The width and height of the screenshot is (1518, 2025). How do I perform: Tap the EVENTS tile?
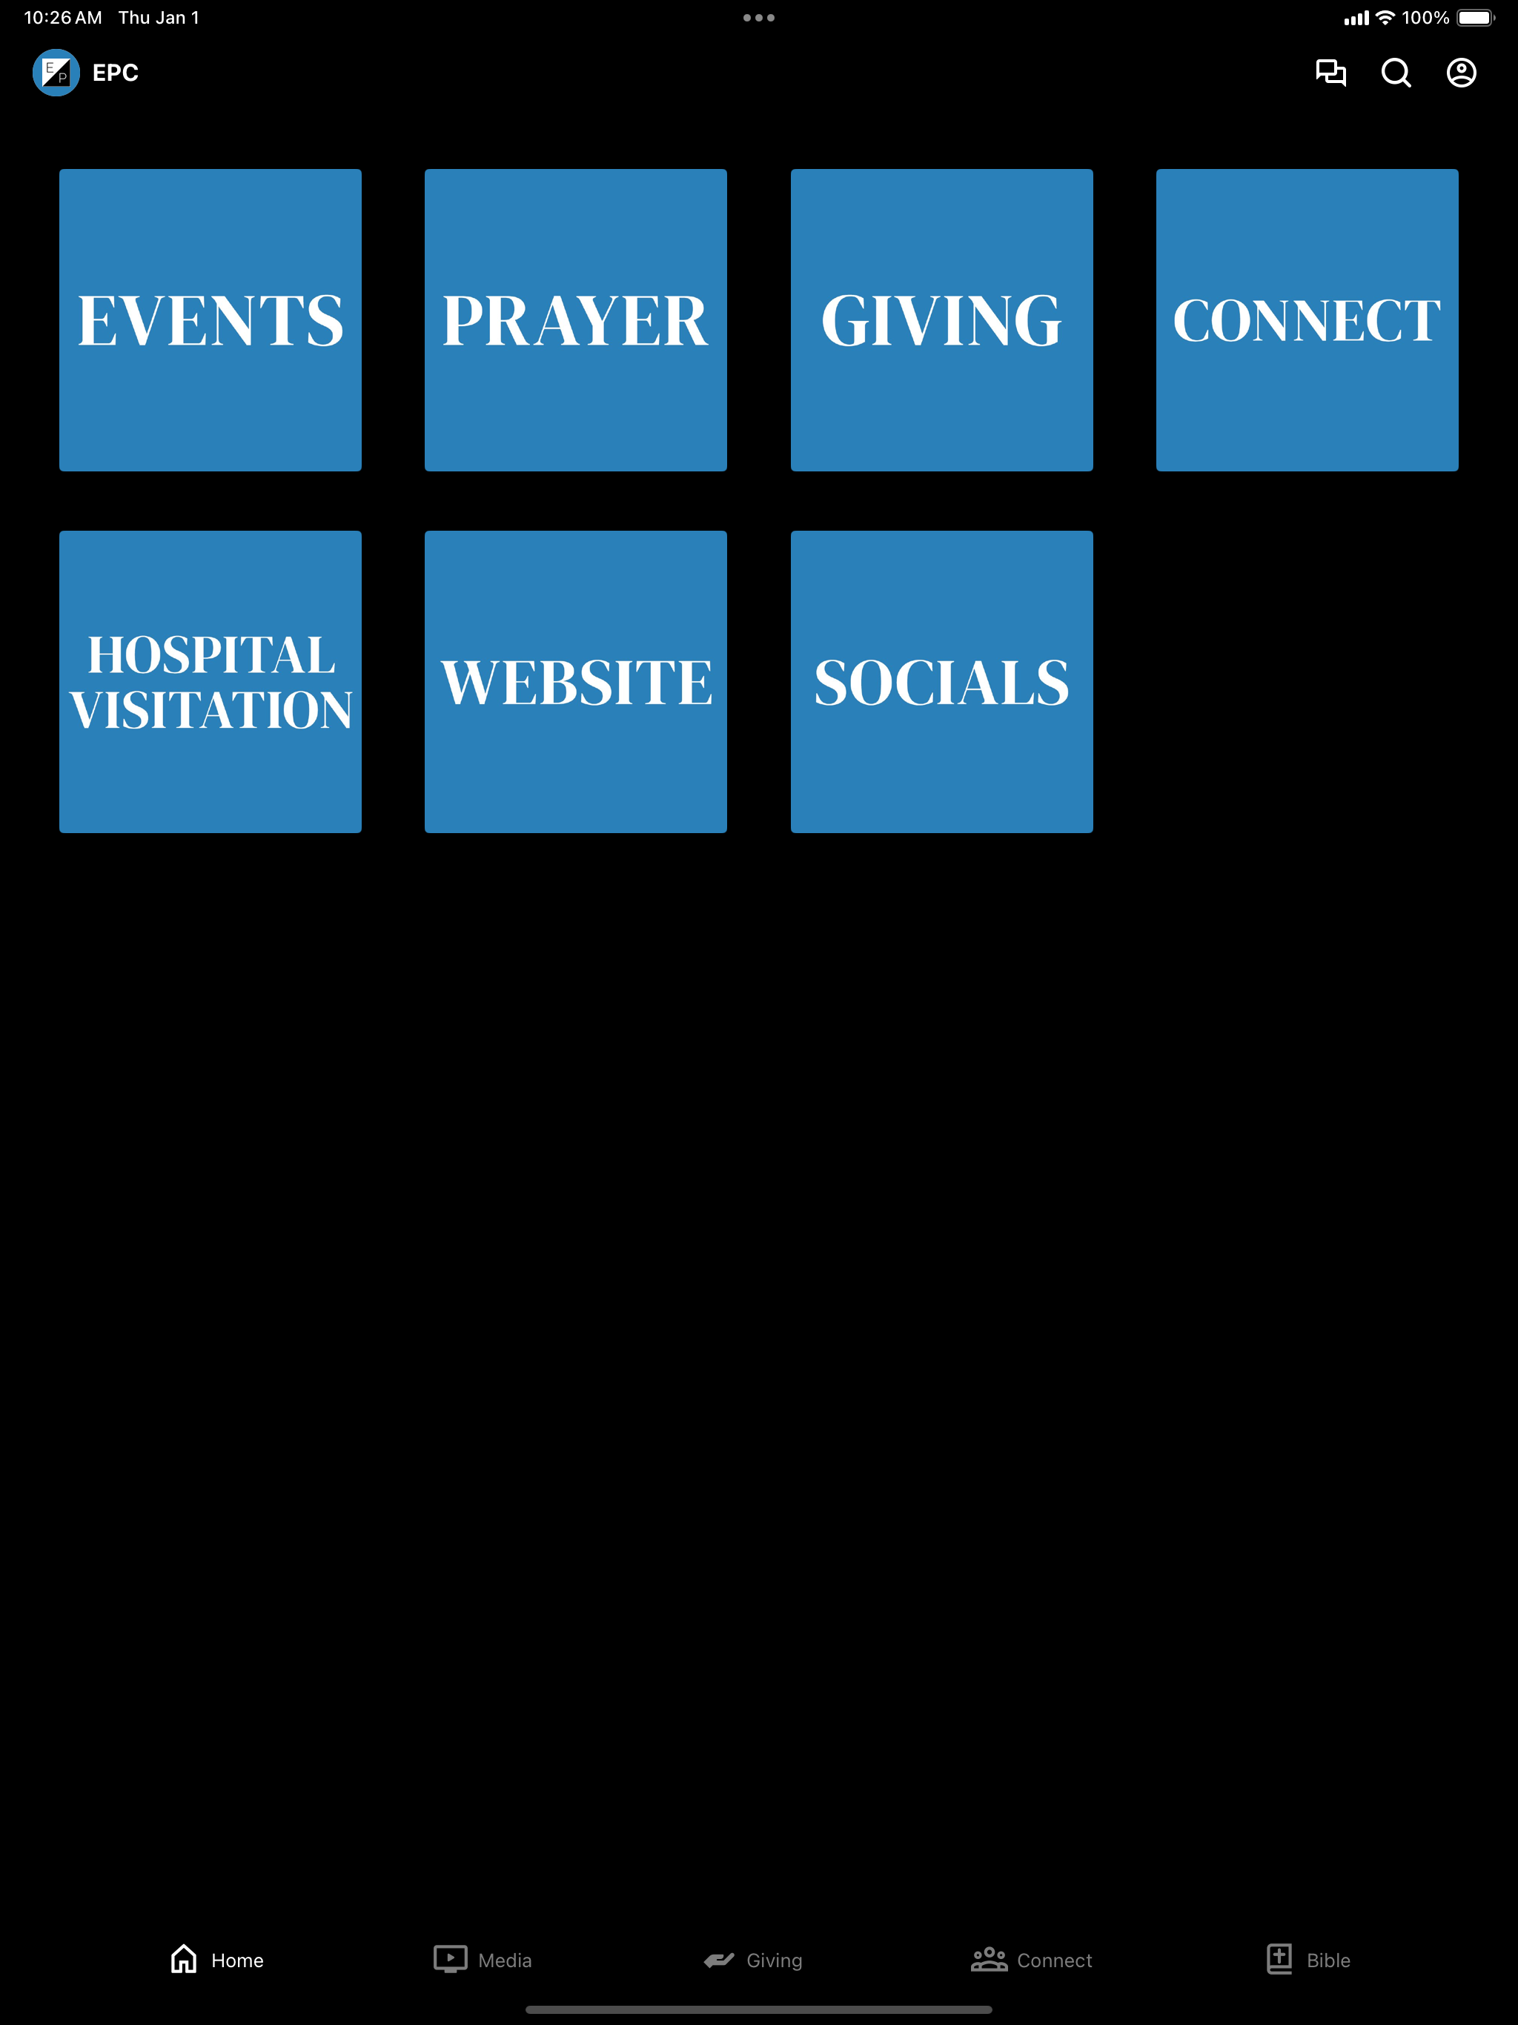click(x=211, y=319)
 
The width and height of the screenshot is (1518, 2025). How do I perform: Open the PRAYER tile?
click(x=576, y=319)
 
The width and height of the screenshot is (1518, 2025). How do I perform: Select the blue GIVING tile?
click(x=942, y=319)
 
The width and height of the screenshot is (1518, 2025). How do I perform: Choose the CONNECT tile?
click(x=1307, y=319)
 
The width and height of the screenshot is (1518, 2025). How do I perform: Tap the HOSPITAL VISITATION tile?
click(x=211, y=682)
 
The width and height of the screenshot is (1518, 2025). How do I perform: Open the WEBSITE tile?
click(x=576, y=682)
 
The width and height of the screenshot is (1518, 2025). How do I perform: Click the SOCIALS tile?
click(x=942, y=682)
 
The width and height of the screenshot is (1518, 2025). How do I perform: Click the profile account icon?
click(x=1461, y=73)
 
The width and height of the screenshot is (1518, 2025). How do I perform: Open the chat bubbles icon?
click(x=1331, y=73)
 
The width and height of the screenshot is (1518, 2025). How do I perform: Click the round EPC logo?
click(x=56, y=73)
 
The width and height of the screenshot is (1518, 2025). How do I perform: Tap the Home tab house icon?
click(x=184, y=1959)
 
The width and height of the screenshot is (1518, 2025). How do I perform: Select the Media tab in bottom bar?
click(x=483, y=1960)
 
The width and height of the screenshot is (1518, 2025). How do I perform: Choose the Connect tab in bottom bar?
click(x=1032, y=1960)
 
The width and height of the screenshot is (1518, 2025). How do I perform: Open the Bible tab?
click(x=1308, y=1960)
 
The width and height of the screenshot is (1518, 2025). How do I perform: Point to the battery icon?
click(x=1476, y=17)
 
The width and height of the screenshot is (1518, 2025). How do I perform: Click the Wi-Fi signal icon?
click(x=1385, y=17)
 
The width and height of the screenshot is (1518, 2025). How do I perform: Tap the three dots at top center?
click(x=759, y=17)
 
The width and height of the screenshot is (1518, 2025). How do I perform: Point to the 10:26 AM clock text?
click(x=63, y=17)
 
